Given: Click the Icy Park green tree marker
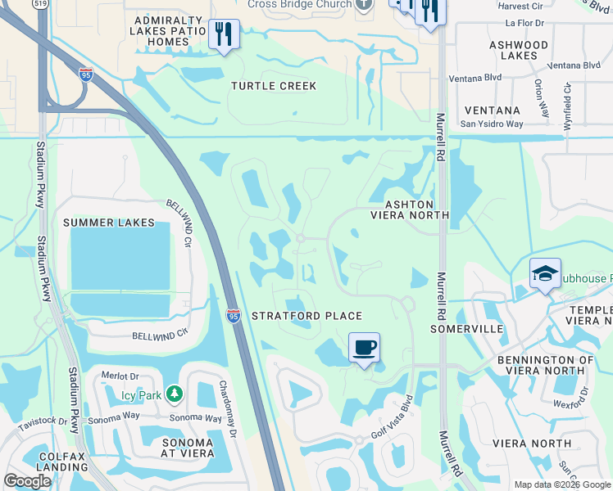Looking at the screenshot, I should (174, 394).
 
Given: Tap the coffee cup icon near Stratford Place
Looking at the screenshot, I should (364, 347).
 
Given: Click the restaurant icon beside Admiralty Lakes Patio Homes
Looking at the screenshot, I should (224, 34).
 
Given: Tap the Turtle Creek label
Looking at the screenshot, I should (274, 86).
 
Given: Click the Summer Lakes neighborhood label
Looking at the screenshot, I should (108, 223).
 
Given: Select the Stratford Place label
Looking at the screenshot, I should (306, 316).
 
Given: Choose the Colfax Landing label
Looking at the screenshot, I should (46, 463).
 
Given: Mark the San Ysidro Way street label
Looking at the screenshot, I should (491, 124).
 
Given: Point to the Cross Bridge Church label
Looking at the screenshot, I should (300, 4).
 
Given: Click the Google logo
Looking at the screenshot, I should (28, 481).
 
